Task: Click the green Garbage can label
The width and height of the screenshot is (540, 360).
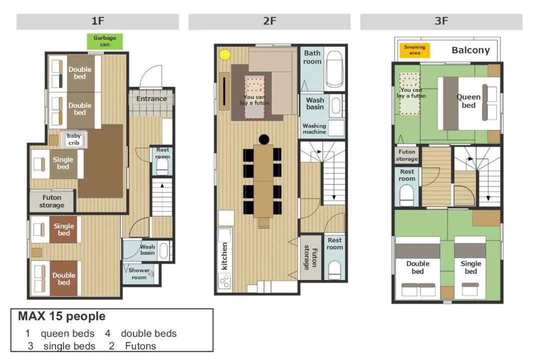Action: coord(104,41)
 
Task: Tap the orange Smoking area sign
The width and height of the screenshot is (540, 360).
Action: coord(414,50)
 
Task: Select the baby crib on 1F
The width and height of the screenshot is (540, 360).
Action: coord(73,139)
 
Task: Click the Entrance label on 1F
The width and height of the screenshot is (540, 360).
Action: coord(151,99)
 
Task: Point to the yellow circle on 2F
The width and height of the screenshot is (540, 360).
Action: coord(225,54)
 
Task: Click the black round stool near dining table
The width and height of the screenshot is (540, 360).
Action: coord(264,139)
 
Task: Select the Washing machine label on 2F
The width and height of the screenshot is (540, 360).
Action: coord(314,129)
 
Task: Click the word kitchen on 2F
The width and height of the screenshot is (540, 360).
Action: coord(224,256)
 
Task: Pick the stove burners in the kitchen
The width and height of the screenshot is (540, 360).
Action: coord(224,281)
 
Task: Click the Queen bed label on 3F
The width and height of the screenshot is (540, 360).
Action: coord(468,101)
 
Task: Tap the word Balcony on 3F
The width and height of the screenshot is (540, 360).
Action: coord(470,50)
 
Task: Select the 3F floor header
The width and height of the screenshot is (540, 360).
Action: coord(441,21)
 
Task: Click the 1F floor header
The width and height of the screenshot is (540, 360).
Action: coord(98,21)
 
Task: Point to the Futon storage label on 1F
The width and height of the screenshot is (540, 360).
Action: coord(51,201)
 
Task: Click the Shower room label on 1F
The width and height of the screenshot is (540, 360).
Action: coord(139,273)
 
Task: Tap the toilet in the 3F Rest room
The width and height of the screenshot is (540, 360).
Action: coord(406,195)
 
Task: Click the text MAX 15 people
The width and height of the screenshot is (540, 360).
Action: coord(61,316)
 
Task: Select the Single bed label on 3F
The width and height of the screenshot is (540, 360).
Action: coord(471,267)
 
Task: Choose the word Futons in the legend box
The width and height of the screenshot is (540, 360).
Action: coord(140,346)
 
